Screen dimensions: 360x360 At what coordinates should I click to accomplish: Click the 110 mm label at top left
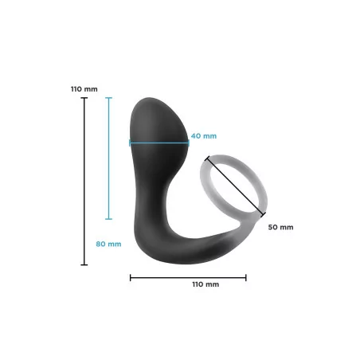click(x=84, y=88)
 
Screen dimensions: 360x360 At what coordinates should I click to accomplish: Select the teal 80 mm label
click(x=109, y=244)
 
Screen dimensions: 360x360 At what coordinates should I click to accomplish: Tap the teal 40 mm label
click(x=202, y=135)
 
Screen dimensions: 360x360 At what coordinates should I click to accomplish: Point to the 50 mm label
click(x=280, y=227)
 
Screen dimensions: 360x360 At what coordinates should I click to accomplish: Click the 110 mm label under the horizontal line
click(x=205, y=284)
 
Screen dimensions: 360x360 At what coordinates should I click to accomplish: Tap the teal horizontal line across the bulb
click(x=159, y=144)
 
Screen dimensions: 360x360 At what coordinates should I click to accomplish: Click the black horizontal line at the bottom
click(x=188, y=278)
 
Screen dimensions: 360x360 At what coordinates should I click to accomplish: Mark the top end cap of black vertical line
click(x=84, y=99)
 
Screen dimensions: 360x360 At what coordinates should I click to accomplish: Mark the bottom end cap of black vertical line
click(x=84, y=264)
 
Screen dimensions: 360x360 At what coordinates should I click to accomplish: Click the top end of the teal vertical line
click(x=109, y=97)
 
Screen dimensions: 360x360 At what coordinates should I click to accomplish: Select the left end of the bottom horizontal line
click(x=131, y=278)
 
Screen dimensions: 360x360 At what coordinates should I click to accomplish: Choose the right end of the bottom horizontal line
click(x=246, y=278)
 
